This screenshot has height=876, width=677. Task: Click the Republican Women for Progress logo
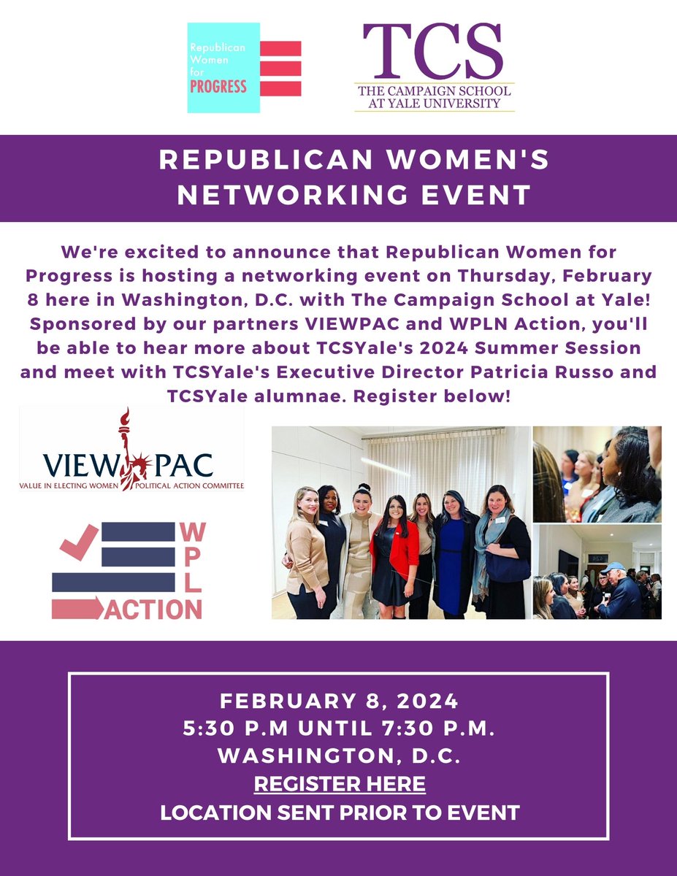[x=244, y=68]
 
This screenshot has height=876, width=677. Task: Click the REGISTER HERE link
[x=339, y=784]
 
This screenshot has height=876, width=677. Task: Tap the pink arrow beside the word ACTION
[x=77, y=608]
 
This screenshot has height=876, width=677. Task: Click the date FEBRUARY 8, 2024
[x=339, y=702]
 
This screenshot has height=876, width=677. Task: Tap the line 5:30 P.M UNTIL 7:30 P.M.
[x=339, y=729]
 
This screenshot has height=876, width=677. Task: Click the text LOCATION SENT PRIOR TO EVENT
[x=339, y=812]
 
